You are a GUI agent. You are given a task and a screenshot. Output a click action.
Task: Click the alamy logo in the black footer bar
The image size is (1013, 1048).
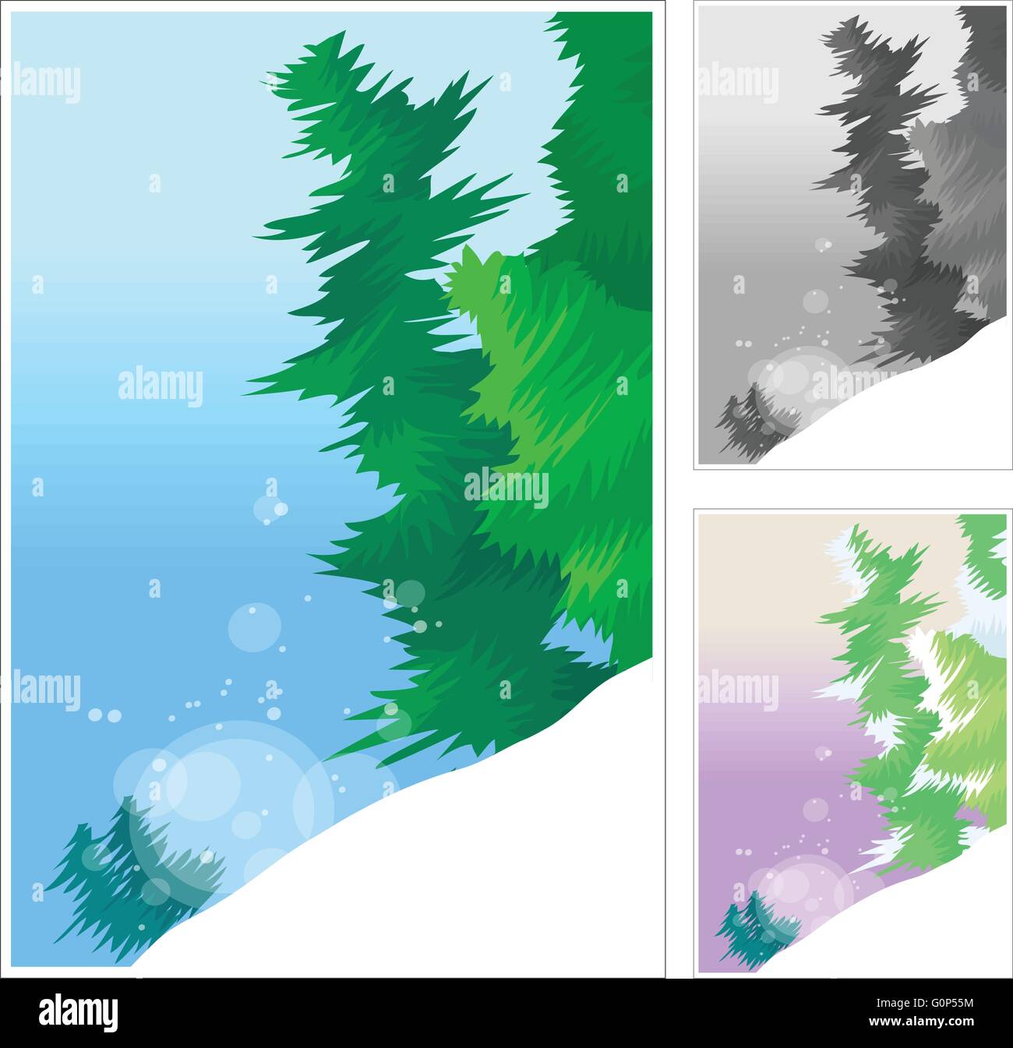(x=79, y=1013)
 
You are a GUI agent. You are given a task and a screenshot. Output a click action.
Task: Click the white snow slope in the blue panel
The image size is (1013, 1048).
(x=468, y=873)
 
